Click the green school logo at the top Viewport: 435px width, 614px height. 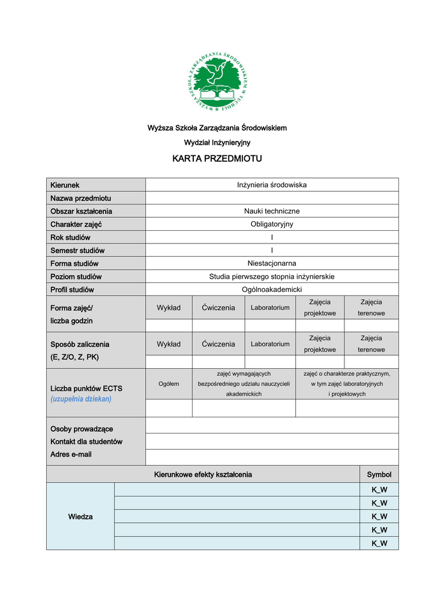coord(218,82)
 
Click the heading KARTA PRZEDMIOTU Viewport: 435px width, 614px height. coord(217,159)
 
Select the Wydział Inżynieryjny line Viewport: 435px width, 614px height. coord(217,143)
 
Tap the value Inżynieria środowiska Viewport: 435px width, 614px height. coord(272,185)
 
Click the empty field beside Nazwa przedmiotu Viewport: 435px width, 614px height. coord(272,198)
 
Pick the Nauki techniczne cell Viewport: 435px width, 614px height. coord(272,211)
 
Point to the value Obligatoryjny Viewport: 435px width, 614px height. coord(272,224)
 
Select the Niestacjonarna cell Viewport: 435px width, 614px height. coord(272,263)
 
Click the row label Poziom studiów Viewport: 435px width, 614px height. coord(76,277)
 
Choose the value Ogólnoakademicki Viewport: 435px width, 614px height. coord(272,290)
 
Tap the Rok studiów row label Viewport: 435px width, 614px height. coord(71,237)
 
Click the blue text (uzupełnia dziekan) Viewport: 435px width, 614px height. coord(81,399)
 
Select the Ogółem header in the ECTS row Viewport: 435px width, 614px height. coord(169,384)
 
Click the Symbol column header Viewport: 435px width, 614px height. coord(379,475)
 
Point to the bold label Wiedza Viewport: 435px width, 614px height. coord(80,517)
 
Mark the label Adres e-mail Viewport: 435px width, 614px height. coord(71,455)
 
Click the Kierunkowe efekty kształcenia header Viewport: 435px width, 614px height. coord(203,475)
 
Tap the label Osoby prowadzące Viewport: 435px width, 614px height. coord(82,429)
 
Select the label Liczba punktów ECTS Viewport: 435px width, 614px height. coord(86,388)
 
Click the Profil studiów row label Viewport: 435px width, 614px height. coord(72,290)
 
